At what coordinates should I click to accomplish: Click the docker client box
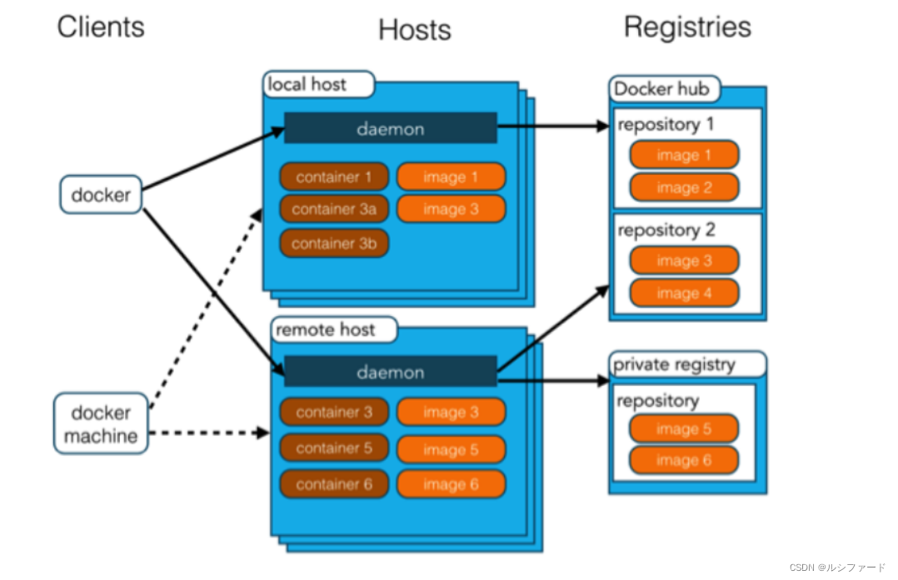101,196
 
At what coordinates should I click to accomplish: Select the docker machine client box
101,424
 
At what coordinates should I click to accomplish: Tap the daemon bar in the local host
390,129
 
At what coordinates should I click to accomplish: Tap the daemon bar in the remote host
390,372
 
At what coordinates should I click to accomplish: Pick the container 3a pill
333,210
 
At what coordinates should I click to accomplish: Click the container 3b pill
333,243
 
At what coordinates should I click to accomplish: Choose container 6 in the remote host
333,484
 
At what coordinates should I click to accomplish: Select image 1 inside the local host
451,176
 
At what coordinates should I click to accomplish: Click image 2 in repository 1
683,188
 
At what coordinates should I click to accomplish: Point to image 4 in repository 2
683,294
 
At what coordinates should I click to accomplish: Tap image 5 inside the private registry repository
683,429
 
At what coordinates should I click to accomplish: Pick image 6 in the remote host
451,484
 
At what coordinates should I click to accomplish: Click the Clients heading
101,27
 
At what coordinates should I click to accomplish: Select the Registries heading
687,27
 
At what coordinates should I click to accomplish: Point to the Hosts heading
414,30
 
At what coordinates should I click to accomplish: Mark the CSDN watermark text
836,568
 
